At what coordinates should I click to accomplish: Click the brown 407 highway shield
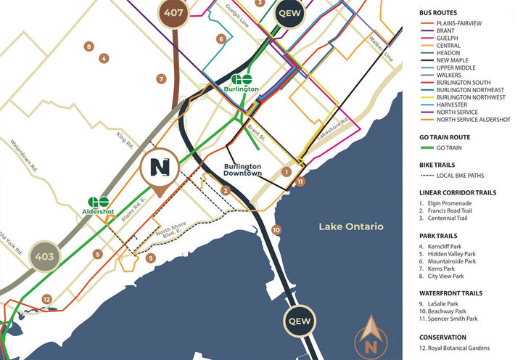[173, 12]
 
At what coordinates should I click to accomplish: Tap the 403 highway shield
[41, 256]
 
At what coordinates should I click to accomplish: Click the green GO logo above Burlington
[242, 80]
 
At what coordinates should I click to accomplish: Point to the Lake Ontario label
[351, 227]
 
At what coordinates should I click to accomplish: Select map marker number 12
[46, 298]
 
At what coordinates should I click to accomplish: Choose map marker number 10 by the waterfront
[276, 230]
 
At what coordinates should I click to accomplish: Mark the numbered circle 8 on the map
[88, 46]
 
